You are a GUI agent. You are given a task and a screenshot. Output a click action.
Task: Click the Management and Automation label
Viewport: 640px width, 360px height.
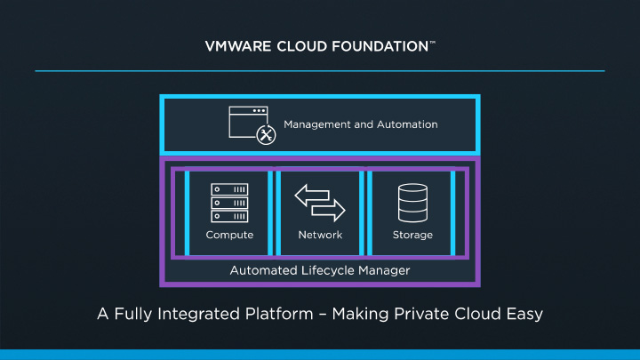pyautogui.click(x=360, y=124)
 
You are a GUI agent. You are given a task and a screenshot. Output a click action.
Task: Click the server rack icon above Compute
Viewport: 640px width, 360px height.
pyautogui.click(x=229, y=204)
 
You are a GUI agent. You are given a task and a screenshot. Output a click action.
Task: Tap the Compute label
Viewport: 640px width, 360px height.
pyautogui.click(x=229, y=236)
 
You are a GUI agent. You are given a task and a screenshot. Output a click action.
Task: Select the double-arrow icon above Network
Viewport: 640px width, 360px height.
pyautogui.click(x=320, y=204)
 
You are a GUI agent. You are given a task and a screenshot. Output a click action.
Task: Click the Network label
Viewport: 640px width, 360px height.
pyautogui.click(x=320, y=236)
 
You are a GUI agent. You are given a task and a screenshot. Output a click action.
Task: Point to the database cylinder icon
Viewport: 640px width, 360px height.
pyautogui.click(x=412, y=204)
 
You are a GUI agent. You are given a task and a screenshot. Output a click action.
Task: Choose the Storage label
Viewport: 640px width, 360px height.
pyautogui.click(x=412, y=236)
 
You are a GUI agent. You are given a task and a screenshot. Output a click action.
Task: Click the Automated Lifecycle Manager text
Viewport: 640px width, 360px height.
pyautogui.click(x=320, y=270)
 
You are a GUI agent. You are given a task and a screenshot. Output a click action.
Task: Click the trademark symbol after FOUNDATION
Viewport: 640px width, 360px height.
pyautogui.click(x=432, y=41)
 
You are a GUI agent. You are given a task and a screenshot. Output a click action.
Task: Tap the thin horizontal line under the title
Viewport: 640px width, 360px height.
pyautogui.click(x=320, y=70)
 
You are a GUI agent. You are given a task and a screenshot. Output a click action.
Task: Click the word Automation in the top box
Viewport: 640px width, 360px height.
pyautogui.click(x=408, y=124)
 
